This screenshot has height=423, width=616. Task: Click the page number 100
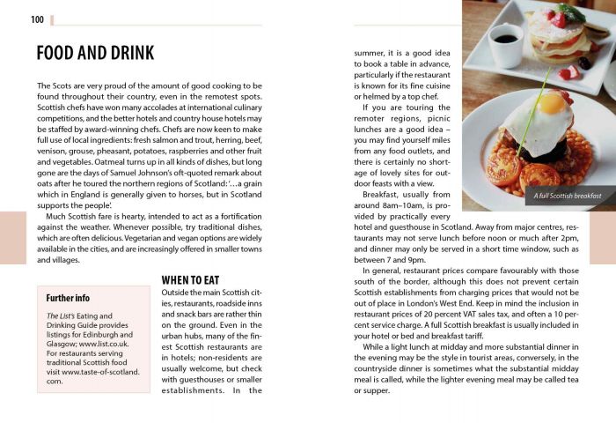(x=37, y=19)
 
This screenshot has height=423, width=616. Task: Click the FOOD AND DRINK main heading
(x=95, y=53)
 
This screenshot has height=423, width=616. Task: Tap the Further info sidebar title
(x=68, y=298)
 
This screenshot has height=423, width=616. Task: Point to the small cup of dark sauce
(x=506, y=43)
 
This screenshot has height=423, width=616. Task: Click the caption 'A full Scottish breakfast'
(x=568, y=195)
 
